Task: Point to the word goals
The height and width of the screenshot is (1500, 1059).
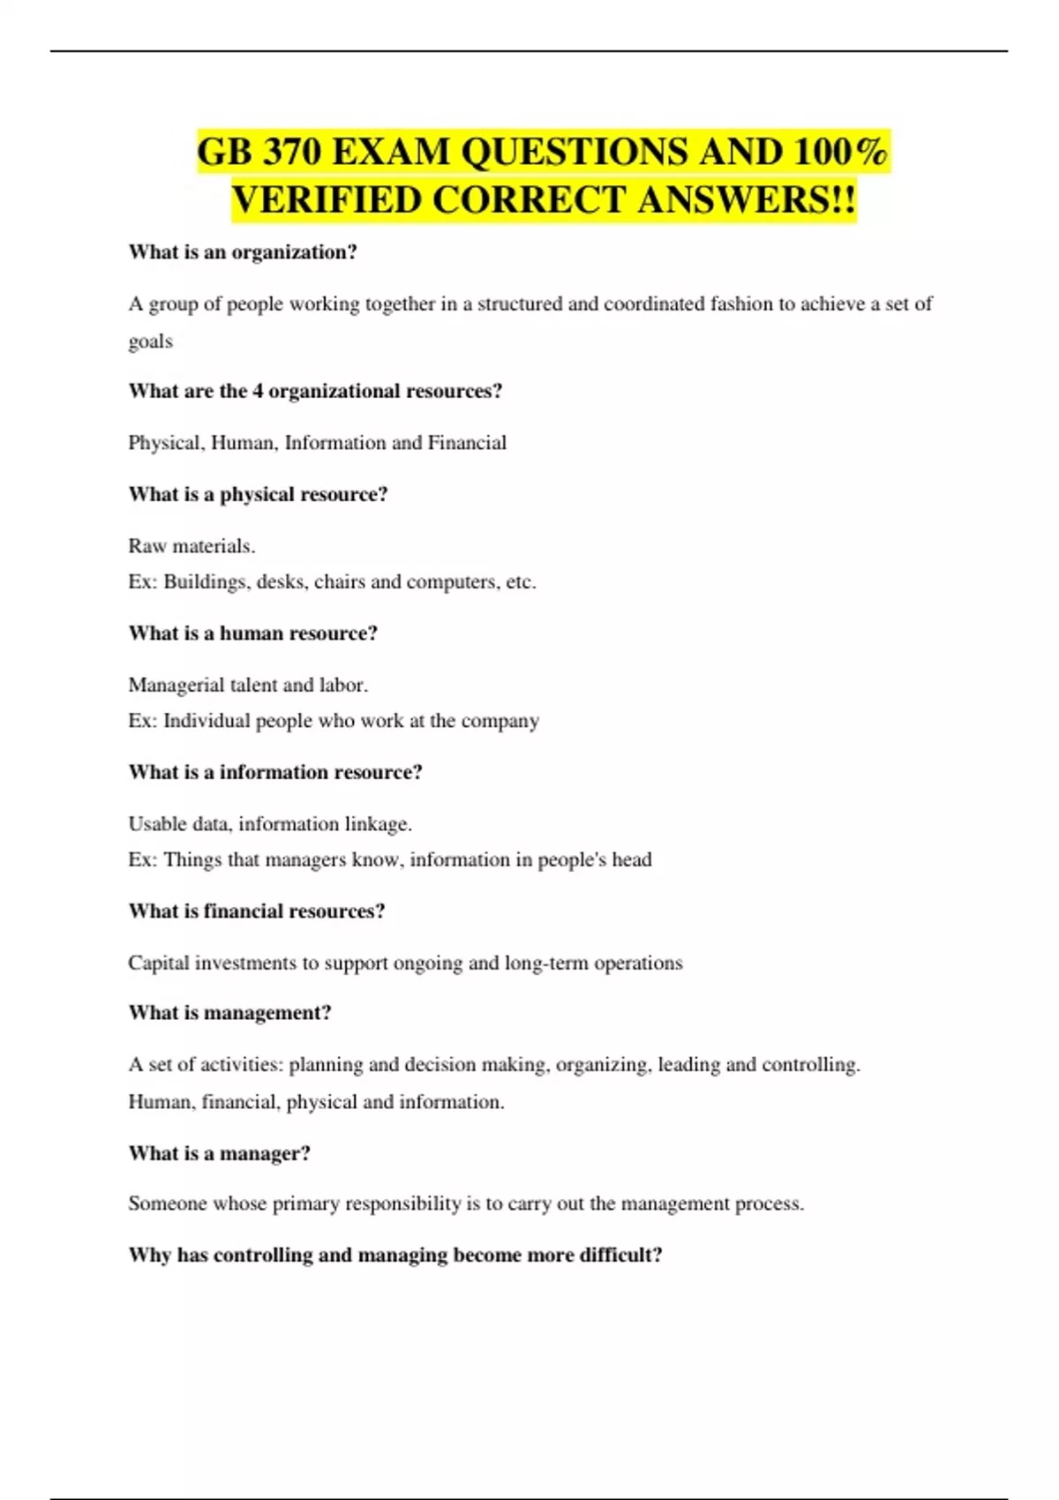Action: pyautogui.click(x=150, y=341)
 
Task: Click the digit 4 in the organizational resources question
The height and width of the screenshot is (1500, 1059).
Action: pyautogui.click(x=258, y=391)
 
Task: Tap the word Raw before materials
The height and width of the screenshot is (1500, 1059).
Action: pyautogui.click(x=147, y=546)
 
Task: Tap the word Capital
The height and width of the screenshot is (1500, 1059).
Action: pyautogui.click(x=158, y=963)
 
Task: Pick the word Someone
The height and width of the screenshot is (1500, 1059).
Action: pyautogui.click(x=164, y=1204)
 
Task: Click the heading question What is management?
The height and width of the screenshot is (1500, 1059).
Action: pyautogui.click(x=229, y=1013)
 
